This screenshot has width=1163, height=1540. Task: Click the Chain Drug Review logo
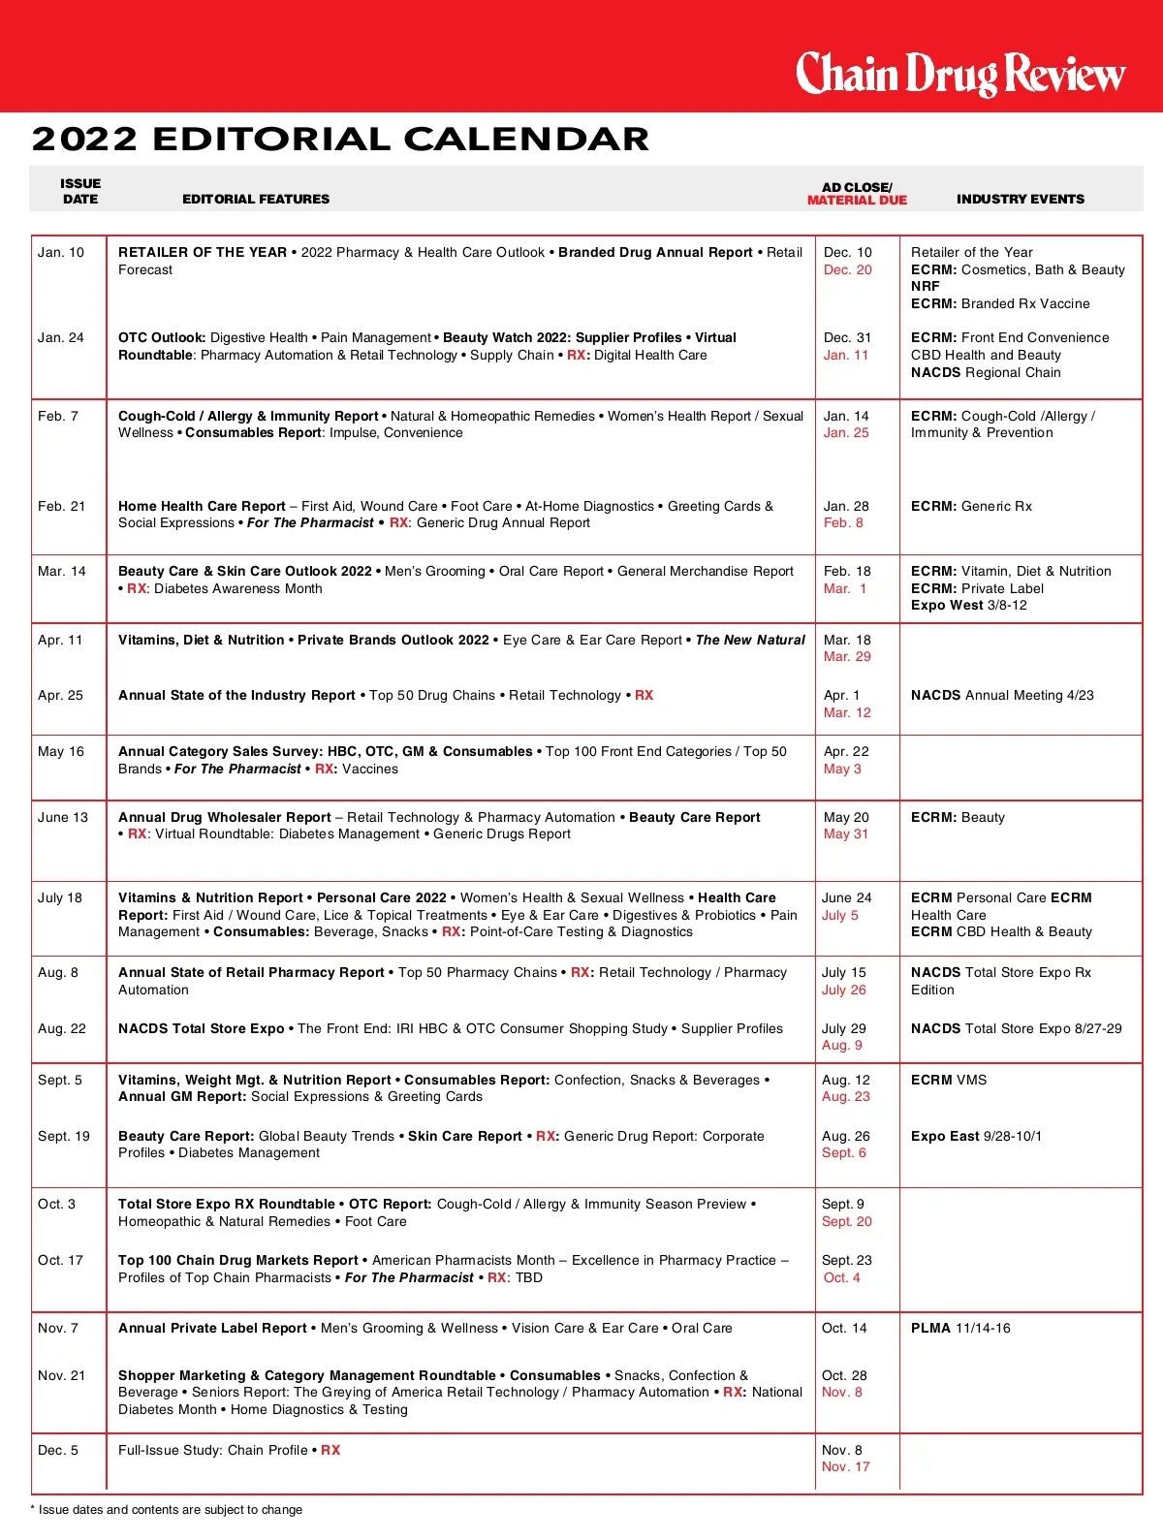(959, 74)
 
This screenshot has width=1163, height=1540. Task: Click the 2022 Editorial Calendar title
(340, 140)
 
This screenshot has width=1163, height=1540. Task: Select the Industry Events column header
(1020, 199)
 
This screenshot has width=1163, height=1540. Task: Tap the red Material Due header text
(857, 201)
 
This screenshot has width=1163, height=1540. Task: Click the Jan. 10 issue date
(61, 252)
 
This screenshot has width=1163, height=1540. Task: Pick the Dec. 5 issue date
(58, 1450)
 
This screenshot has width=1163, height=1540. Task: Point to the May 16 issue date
(61, 751)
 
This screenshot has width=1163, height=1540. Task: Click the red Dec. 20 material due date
(847, 269)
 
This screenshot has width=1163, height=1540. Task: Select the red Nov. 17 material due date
(845, 1467)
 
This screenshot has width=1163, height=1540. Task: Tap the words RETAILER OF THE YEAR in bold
(203, 252)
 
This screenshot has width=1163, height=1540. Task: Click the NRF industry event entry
(925, 286)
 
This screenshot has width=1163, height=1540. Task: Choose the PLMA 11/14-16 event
(959, 1328)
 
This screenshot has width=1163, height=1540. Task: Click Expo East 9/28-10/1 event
(976, 1136)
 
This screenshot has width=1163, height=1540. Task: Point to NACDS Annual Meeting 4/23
(1001, 695)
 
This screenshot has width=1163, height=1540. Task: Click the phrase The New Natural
(750, 640)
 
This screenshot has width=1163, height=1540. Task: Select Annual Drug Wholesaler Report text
(225, 817)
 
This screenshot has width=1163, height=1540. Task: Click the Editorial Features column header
(256, 199)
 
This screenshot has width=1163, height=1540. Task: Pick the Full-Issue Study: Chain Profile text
(212, 1450)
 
